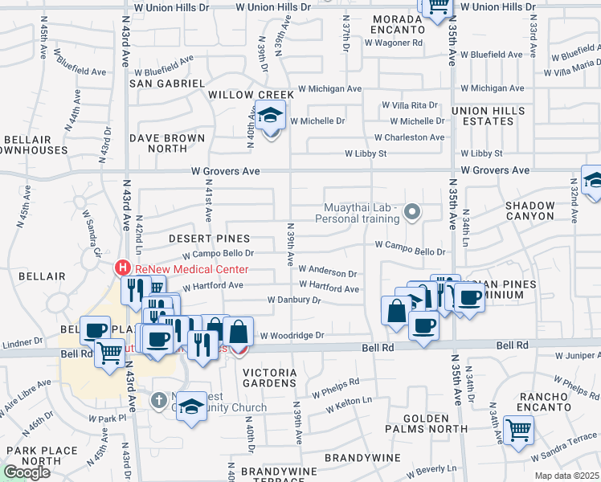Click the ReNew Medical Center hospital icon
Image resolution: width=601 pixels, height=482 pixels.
pyautogui.click(x=122, y=267)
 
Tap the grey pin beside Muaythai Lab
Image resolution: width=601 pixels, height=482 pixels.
pyautogui.click(x=412, y=212)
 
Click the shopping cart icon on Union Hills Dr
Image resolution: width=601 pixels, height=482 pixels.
pyautogui.click(x=436, y=6)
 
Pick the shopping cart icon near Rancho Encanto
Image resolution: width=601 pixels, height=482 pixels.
pyautogui.click(x=517, y=431)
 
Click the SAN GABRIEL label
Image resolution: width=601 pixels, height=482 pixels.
pyautogui.click(x=167, y=83)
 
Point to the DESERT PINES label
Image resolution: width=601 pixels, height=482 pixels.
pyautogui.click(x=210, y=239)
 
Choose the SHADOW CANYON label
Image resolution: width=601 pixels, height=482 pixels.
pyautogui.click(x=529, y=210)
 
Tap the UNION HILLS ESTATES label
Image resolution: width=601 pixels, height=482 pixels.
pyautogui.click(x=482, y=116)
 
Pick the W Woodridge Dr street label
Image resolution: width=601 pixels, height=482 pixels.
pyautogui.click(x=291, y=335)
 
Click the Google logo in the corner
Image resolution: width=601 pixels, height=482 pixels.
pyautogui.click(x=26, y=472)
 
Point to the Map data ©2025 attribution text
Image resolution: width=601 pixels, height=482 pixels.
pyautogui.click(x=567, y=476)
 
